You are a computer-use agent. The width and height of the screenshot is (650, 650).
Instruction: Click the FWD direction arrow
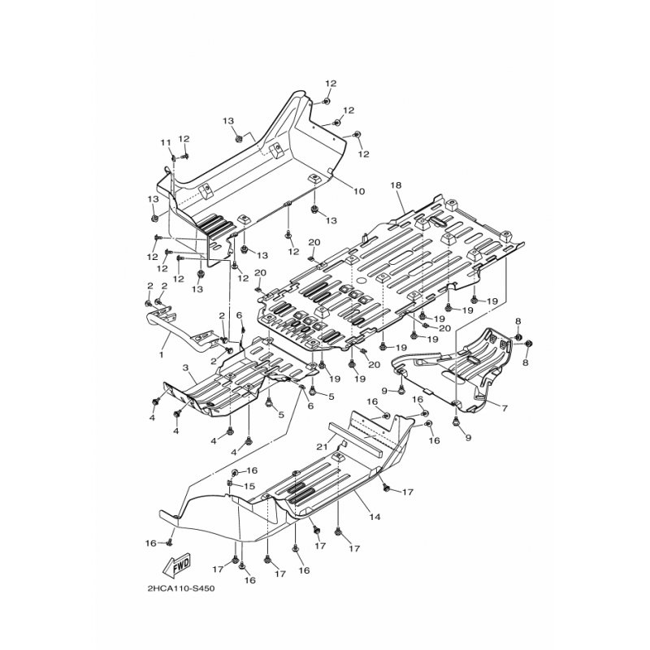click(176, 565)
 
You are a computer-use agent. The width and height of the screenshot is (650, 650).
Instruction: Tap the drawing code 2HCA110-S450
click(180, 588)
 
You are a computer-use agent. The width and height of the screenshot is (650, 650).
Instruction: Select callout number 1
click(161, 355)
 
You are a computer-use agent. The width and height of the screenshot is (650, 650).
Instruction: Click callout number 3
click(185, 368)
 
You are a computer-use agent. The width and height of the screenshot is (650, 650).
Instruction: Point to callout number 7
click(505, 409)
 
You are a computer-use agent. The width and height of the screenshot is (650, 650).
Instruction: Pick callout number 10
click(359, 192)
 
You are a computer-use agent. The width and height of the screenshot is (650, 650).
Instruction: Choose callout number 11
click(166, 143)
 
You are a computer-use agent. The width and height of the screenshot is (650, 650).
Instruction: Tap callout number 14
click(375, 517)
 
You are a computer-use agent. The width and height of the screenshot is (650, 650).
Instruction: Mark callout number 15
click(249, 486)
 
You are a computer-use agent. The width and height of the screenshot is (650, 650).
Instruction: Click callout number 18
click(396, 185)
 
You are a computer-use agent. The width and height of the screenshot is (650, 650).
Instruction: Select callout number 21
click(323, 446)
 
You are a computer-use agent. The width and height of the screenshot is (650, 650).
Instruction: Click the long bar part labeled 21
click(361, 432)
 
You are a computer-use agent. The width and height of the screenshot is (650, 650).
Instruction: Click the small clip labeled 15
click(229, 483)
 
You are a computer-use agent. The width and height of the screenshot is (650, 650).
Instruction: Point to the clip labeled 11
click(174, 157)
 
